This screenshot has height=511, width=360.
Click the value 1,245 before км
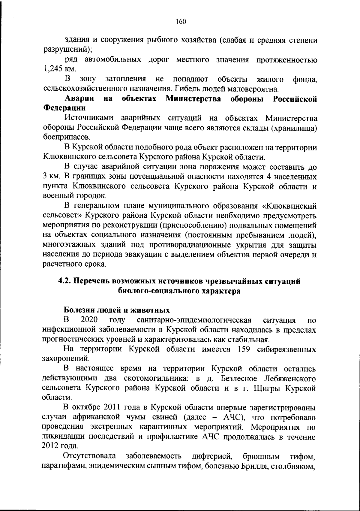(x=53, y=69)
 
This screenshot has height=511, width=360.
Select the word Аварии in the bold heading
(x=79, y=98)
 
